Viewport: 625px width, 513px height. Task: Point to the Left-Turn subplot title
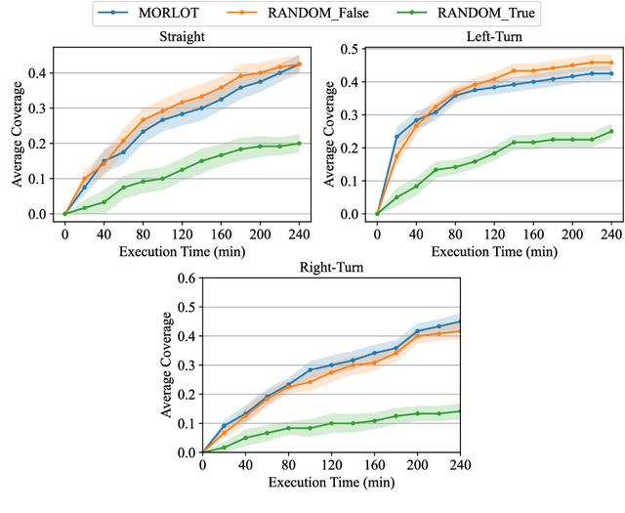click(x=494, y=36)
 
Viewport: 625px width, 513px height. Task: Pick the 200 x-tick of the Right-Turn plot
click(x=418, y=465)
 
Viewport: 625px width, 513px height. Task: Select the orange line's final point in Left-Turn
click(x=611, y=63)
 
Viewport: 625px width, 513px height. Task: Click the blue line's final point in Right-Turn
click(x=460, y=321)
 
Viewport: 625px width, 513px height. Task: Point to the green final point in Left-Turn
click(x=611, y=131)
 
